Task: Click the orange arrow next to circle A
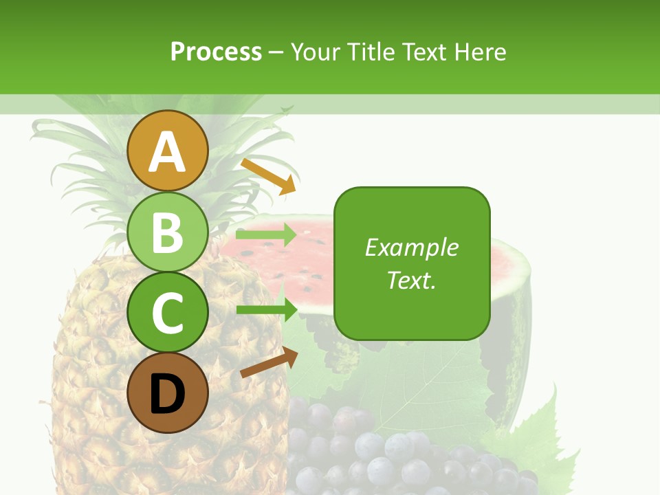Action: click(268, 176)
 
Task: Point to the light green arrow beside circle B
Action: click(265, 235)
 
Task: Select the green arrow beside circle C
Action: click(266, 309)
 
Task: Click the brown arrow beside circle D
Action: click(269, 362)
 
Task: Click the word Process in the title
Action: click(216, 52)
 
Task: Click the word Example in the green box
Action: click(411, 247)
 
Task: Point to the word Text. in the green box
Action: click(411, 280)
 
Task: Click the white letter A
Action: click(168, 153)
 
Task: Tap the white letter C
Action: click(168, 313)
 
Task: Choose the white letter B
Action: click(168, 232)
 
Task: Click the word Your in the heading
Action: click(317, 52)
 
